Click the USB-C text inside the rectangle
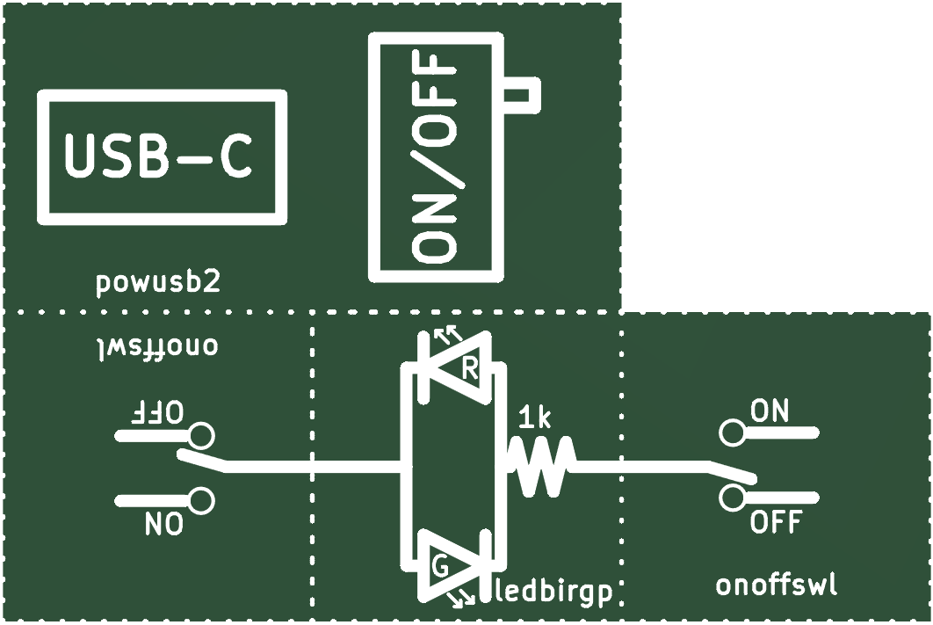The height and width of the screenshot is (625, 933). [158, 156]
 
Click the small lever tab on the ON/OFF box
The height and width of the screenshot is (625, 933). [522, 95]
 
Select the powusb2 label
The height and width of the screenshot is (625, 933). [157, 283]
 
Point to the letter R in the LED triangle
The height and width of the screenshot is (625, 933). [470, 370]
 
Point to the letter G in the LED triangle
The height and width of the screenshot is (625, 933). [441, 568]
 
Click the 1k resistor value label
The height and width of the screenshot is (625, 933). [535, 418]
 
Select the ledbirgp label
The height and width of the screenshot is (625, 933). [554, 592]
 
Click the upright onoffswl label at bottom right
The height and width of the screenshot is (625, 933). [777, 585]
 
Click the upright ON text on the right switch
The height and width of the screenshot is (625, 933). [770, 411]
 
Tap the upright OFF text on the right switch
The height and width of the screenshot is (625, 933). [776, 522]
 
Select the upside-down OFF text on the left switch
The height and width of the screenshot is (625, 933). [156, 412]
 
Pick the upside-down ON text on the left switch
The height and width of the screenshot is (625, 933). [163, 525]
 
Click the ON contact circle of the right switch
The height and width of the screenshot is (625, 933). [732, 432]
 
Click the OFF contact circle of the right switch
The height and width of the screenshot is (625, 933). [732, 497]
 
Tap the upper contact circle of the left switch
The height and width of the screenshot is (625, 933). [201, 436]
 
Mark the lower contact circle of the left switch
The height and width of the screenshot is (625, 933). [201, 500]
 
